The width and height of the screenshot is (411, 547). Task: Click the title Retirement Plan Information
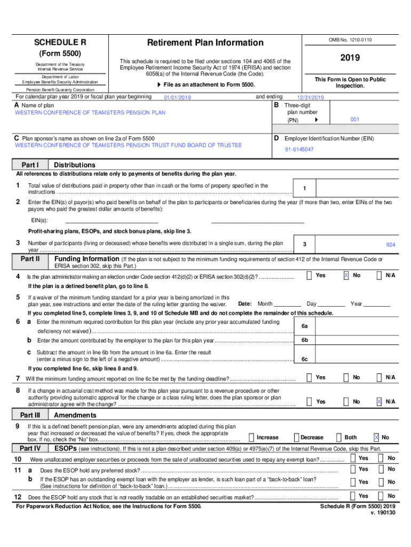[205, 43]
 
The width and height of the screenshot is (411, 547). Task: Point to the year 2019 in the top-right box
[350, 58]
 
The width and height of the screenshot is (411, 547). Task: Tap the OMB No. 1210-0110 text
[350, 40]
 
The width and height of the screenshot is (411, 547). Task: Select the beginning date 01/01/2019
[178, 98]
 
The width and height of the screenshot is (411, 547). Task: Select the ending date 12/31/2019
[311, 98]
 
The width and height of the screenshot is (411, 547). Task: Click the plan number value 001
[355, 120]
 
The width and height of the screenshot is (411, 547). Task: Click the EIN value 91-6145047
[299, 150]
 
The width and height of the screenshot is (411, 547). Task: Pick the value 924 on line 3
[391, 245]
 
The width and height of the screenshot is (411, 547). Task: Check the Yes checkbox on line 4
[310, 276]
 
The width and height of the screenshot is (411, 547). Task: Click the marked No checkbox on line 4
[346, 276]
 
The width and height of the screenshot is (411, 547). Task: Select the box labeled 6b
[304, 340]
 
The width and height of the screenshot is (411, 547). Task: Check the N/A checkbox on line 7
[379, 378]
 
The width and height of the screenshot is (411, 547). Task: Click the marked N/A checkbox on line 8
[379, 401]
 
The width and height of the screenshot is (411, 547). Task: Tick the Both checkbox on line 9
[338, 437]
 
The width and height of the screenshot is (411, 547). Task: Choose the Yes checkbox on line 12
[353, 496]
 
